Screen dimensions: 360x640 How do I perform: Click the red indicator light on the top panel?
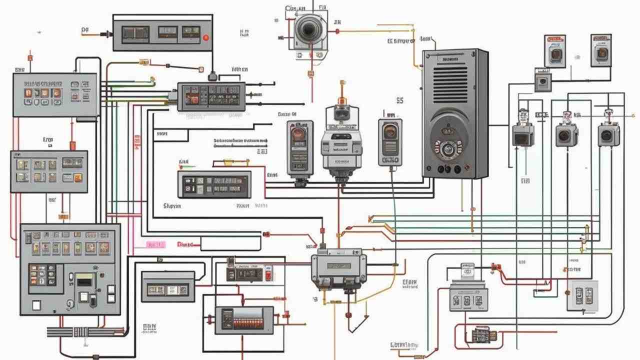[x=205, y=37]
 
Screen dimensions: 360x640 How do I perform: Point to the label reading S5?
[x=399, y=100]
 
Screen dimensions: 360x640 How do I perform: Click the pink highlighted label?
[x=155, y=244]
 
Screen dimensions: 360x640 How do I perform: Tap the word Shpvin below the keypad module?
[x=172, y=205]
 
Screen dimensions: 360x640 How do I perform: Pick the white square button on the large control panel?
[x=36, y=305]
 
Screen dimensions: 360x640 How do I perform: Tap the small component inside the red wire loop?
[x=482, y=334]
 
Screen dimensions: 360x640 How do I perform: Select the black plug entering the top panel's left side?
[x=106, y=34]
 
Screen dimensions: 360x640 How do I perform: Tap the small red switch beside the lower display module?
[x=268, y=275]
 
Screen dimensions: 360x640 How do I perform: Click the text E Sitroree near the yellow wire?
[x=400, y=41]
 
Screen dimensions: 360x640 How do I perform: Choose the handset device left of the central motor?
[x=299, y=147]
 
